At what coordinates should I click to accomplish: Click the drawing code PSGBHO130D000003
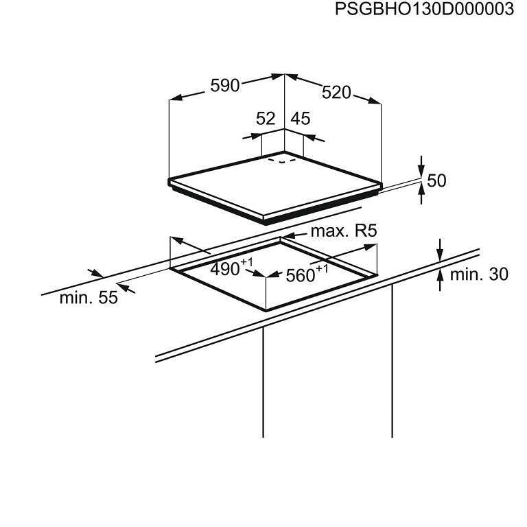tap(424, 10)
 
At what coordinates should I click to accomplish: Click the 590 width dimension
tap(224, 86)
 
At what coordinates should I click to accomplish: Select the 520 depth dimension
tap(336, 93)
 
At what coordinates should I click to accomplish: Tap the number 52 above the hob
tap(266, 118)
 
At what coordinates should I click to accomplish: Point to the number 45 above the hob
tap(301, 118)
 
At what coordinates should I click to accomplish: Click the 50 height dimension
tap(437, 180)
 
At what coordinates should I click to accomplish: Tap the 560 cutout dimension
tap(299, 275)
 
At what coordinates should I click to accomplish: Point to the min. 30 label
tap(479, 274)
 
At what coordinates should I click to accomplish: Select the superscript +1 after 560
tap(322, 268)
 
